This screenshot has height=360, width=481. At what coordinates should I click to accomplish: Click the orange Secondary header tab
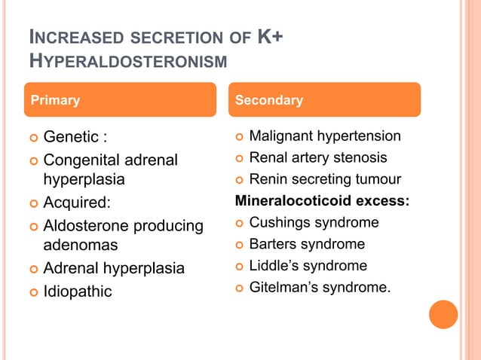coord(324,99)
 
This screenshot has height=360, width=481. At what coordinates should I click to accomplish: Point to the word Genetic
coord(71,137)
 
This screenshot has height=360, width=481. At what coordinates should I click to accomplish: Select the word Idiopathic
coord(77,291)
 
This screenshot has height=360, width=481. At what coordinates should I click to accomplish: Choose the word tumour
coord(377,179)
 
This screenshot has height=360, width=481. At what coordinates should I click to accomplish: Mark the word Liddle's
coord(271,265)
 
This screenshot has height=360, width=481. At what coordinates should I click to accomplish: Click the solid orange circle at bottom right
coord(443,314)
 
